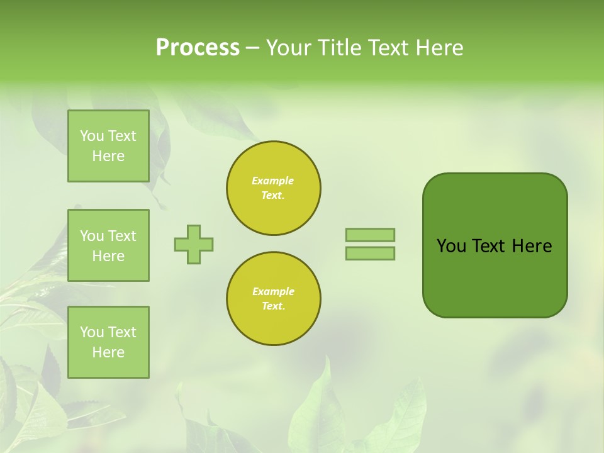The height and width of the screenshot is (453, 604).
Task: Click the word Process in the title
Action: point(198,48)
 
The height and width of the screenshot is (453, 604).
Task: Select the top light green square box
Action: point(108,146)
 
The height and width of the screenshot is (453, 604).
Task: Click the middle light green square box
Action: point(108,245)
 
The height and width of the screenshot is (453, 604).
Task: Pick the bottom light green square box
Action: point(108,342)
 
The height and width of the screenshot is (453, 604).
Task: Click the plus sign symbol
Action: point(194,244)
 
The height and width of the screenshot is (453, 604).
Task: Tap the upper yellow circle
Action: point(274,188)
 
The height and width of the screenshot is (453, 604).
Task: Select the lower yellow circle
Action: point(274,299)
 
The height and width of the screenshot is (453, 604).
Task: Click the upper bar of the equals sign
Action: point(370,235)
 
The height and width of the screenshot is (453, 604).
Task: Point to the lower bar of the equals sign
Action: point(370,253)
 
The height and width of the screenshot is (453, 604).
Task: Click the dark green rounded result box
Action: point(495,277)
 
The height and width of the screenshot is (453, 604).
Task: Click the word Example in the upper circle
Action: point(273,181)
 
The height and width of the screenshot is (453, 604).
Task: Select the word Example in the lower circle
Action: point(273,291)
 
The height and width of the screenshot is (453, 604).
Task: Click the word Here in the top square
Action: point(108,156)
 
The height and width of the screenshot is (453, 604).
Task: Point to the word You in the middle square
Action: point(92,236)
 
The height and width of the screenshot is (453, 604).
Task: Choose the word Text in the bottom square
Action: point(122,332)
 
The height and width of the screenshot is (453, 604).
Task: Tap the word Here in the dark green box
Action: point(532,246)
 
